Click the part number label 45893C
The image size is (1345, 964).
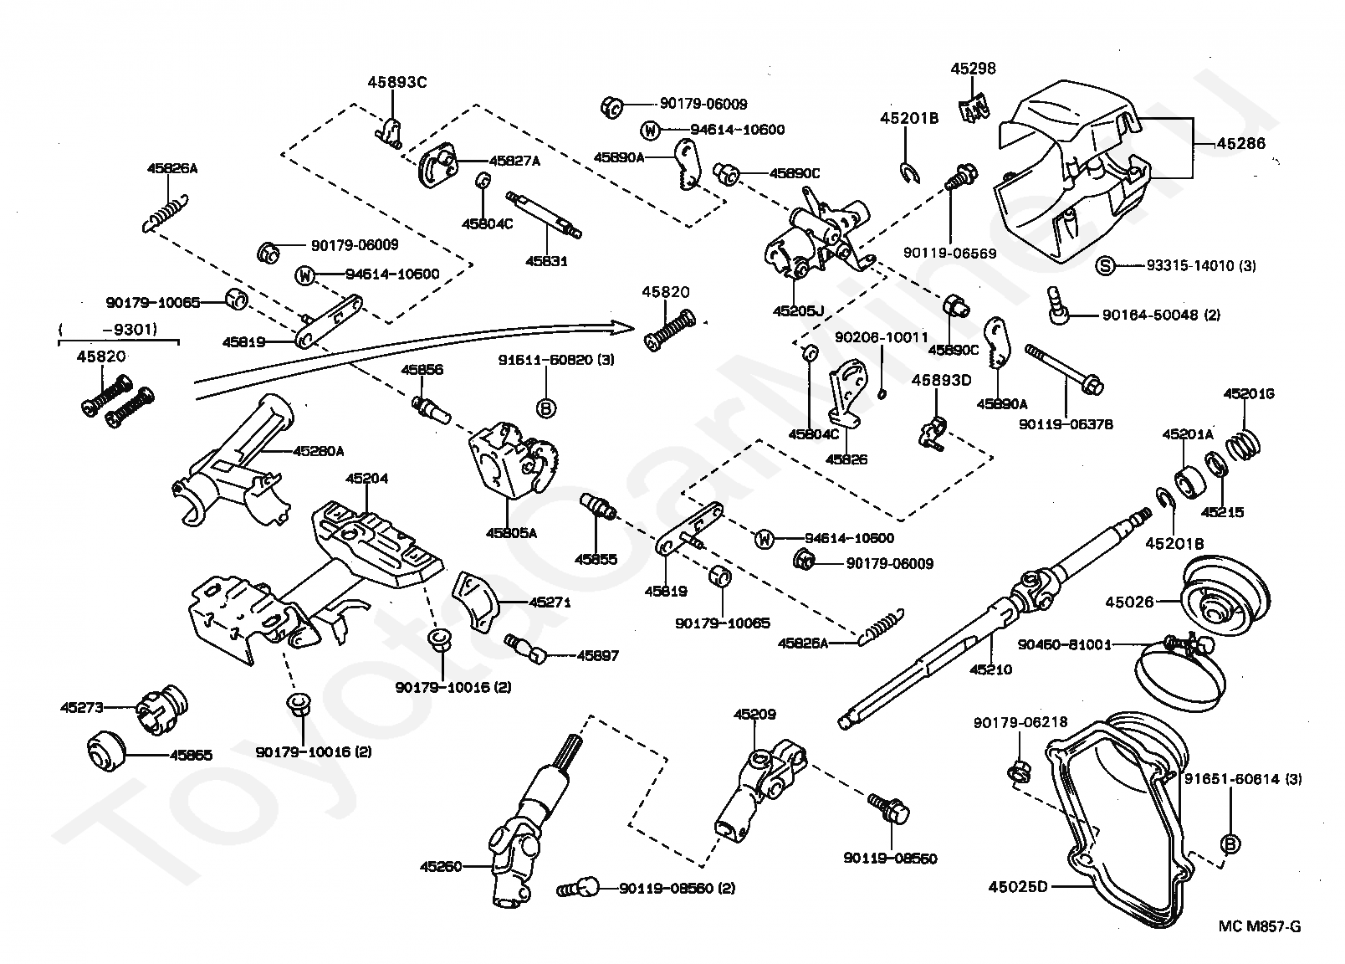396,82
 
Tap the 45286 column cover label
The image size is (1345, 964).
1240,144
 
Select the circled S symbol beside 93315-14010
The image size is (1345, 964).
1105,266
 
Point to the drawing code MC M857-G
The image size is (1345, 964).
1259,926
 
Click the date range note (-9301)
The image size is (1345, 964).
120,330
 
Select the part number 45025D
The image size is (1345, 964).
1017,885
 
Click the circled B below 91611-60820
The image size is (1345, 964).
545,408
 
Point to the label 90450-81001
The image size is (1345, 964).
1064,644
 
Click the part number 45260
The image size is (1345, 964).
440,867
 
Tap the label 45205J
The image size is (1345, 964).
798,310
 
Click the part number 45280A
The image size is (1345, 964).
318,451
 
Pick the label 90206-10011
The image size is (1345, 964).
882,337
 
